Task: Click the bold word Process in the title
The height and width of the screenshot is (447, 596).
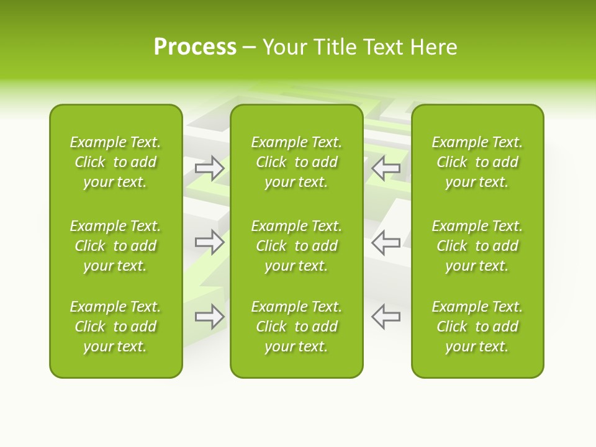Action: (195, 47)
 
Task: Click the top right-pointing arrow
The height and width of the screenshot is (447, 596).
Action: (210, 168)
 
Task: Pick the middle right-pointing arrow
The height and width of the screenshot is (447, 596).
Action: (210, 242)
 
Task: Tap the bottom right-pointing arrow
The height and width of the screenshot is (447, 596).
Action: (210, 317)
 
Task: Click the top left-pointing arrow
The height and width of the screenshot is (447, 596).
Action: (386, 168)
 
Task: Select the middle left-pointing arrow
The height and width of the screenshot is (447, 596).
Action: (386, 242)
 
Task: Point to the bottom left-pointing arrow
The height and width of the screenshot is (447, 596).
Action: (386, 317)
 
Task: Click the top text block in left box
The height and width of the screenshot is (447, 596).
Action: (115, 162)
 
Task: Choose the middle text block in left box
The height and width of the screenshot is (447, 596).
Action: (115, 246)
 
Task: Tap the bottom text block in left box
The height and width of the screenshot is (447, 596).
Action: (115, 327)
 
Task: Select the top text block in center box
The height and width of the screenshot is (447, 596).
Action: (296, 162)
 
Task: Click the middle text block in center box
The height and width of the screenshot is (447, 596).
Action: (296, 246)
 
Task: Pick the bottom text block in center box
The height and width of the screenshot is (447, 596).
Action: (296, 327)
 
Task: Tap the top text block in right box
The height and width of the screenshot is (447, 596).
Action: (477, 162)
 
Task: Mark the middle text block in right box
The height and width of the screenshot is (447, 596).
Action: (477, 246)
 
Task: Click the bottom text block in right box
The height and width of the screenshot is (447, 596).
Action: (477, 327)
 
